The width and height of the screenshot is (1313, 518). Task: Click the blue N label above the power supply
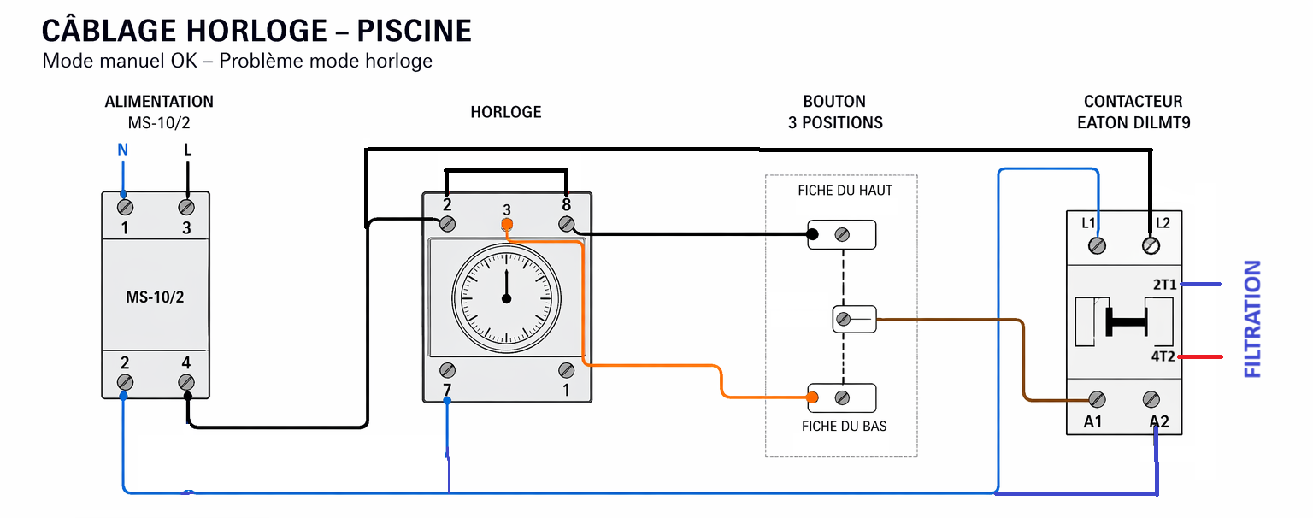pyautogui.click(x=122, y=150)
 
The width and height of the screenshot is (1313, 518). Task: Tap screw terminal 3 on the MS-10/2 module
pyautogui.click(x=186, y=207)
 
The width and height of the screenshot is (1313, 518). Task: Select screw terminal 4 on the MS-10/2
pyautogui.click(x=186, y=382)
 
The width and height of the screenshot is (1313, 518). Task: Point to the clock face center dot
pyautogui.click(x=506, y=298)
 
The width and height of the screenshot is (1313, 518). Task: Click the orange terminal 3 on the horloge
pyautogui.click(x=507, y=226)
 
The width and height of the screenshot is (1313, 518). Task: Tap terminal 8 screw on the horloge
pyautogui.click(x=566, y=224)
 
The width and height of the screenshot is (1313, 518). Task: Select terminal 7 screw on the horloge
pyautogui.click(x=447, y=370)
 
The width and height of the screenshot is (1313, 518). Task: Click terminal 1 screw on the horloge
pyautogui.click(x=566, y=370)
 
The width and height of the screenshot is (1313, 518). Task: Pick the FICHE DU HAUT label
pyautogui.click(x=845, y=191)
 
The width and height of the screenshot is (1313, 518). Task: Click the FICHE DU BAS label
pyautogui.click(x=844, y=426)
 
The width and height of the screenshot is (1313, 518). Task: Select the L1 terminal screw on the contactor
pyautogui.click(x=1097, y=246)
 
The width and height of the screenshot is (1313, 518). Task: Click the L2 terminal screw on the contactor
pyautogui.click(x=1151, y=246)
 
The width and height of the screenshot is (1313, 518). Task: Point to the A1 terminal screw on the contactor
pyautogui.click(x=1097, y=399)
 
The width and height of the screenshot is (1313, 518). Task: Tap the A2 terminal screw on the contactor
pyautogui.click(x=1151, y=399)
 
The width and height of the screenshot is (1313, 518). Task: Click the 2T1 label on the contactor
pyautogui.click(x=1163, y=284)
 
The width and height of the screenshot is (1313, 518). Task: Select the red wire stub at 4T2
pyautogui.click(x=1202, y=356)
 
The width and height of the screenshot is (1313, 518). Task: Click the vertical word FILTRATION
pyautogui.click(x=1252, y=320)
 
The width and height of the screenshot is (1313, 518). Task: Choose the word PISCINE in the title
pyautogui.click(x=414, y=32)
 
